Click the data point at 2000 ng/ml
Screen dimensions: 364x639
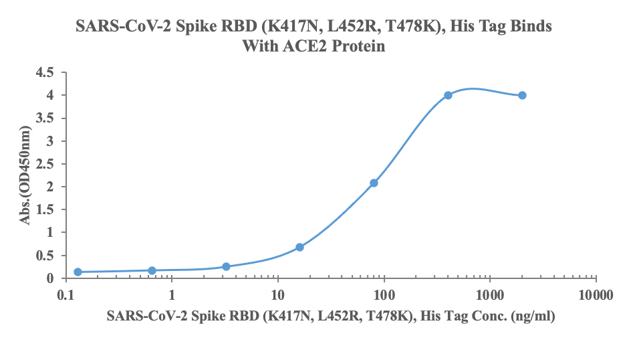coord(522,95)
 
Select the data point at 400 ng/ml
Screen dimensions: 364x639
coord(448,95)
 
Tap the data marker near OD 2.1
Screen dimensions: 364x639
coord(374,183)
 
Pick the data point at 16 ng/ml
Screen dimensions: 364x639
coord(299,247)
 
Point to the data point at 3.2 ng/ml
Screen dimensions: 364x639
coord(226,266)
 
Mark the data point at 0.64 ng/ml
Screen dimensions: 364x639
coord(152,270)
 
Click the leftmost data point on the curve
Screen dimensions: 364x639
coord(78,272)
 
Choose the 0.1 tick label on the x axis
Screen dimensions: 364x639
coord(66,294)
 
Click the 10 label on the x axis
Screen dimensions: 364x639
coord(278,294)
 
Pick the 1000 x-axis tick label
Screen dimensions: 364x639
coord(490,294)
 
